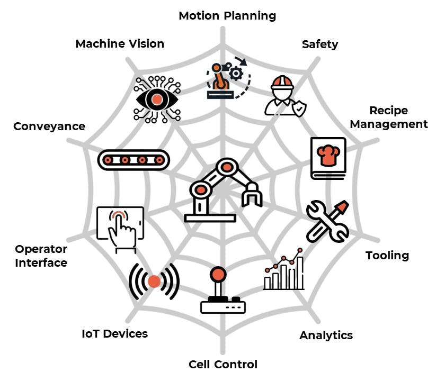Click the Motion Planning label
pyautogui.click(x=227, y=16)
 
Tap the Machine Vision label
pyautogui.click(x=120, y=43)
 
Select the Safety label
pyautogui.click(x=320, y=44)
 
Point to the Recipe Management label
pyautogui.click(x=389, y=117)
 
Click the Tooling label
pyautogui.click(x=387, y=256)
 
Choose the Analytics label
pyautogui.click(x=326, y=335)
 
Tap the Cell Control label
pyautogui.click(x=223, y=365)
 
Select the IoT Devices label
pyautogui.click(x=114, y=334)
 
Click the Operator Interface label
pyautogui.click(x=41, y=256)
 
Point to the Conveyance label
pyautogui.click(x=49, y=126)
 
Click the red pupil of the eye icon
pyautogui.click(x=156, y=99)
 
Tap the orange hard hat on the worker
pyautogui.click(x=282, y=83)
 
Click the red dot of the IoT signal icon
pyautogui.click(x=154, y=282)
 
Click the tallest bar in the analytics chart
pyautogui.click(x=300, y=273)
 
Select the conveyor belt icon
pyautogui.click(x=134, y=159)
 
